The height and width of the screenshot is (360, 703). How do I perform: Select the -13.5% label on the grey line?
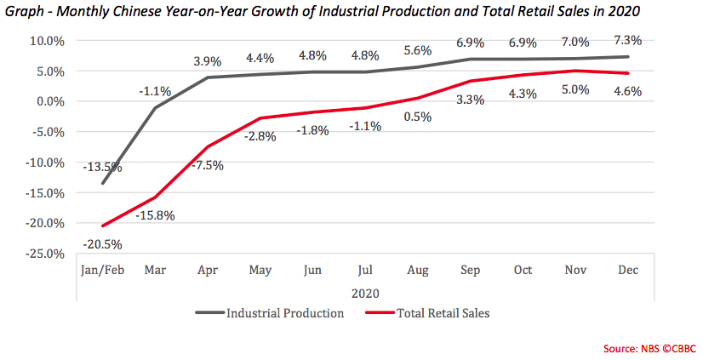pyautogui.click(x=102, y=167)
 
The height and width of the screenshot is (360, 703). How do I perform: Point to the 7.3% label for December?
pyautogui.click(x=626, y=40)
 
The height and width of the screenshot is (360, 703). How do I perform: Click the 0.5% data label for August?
pyautogui.click(x=417, y=117)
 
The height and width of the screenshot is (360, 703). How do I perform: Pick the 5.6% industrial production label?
pyautogui.click(x=417, y=50)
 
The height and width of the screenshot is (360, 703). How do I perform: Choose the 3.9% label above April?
pyautogui.click(x=208, y=61)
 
